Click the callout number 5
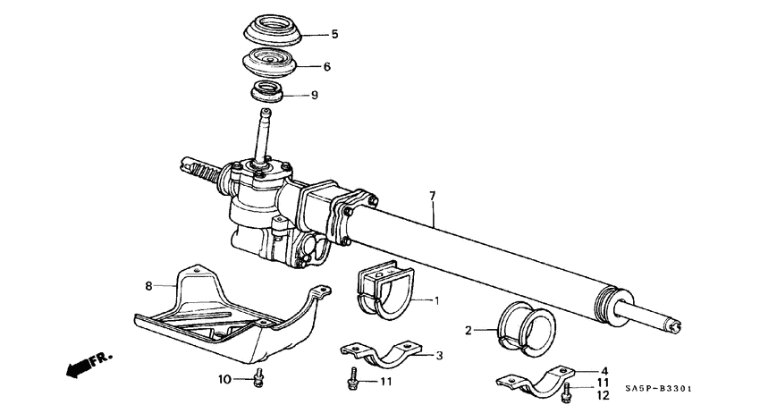coord(334,35)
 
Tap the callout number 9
coord(314,94)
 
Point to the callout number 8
coord(149,287)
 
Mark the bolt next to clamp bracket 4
coord(567,389)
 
